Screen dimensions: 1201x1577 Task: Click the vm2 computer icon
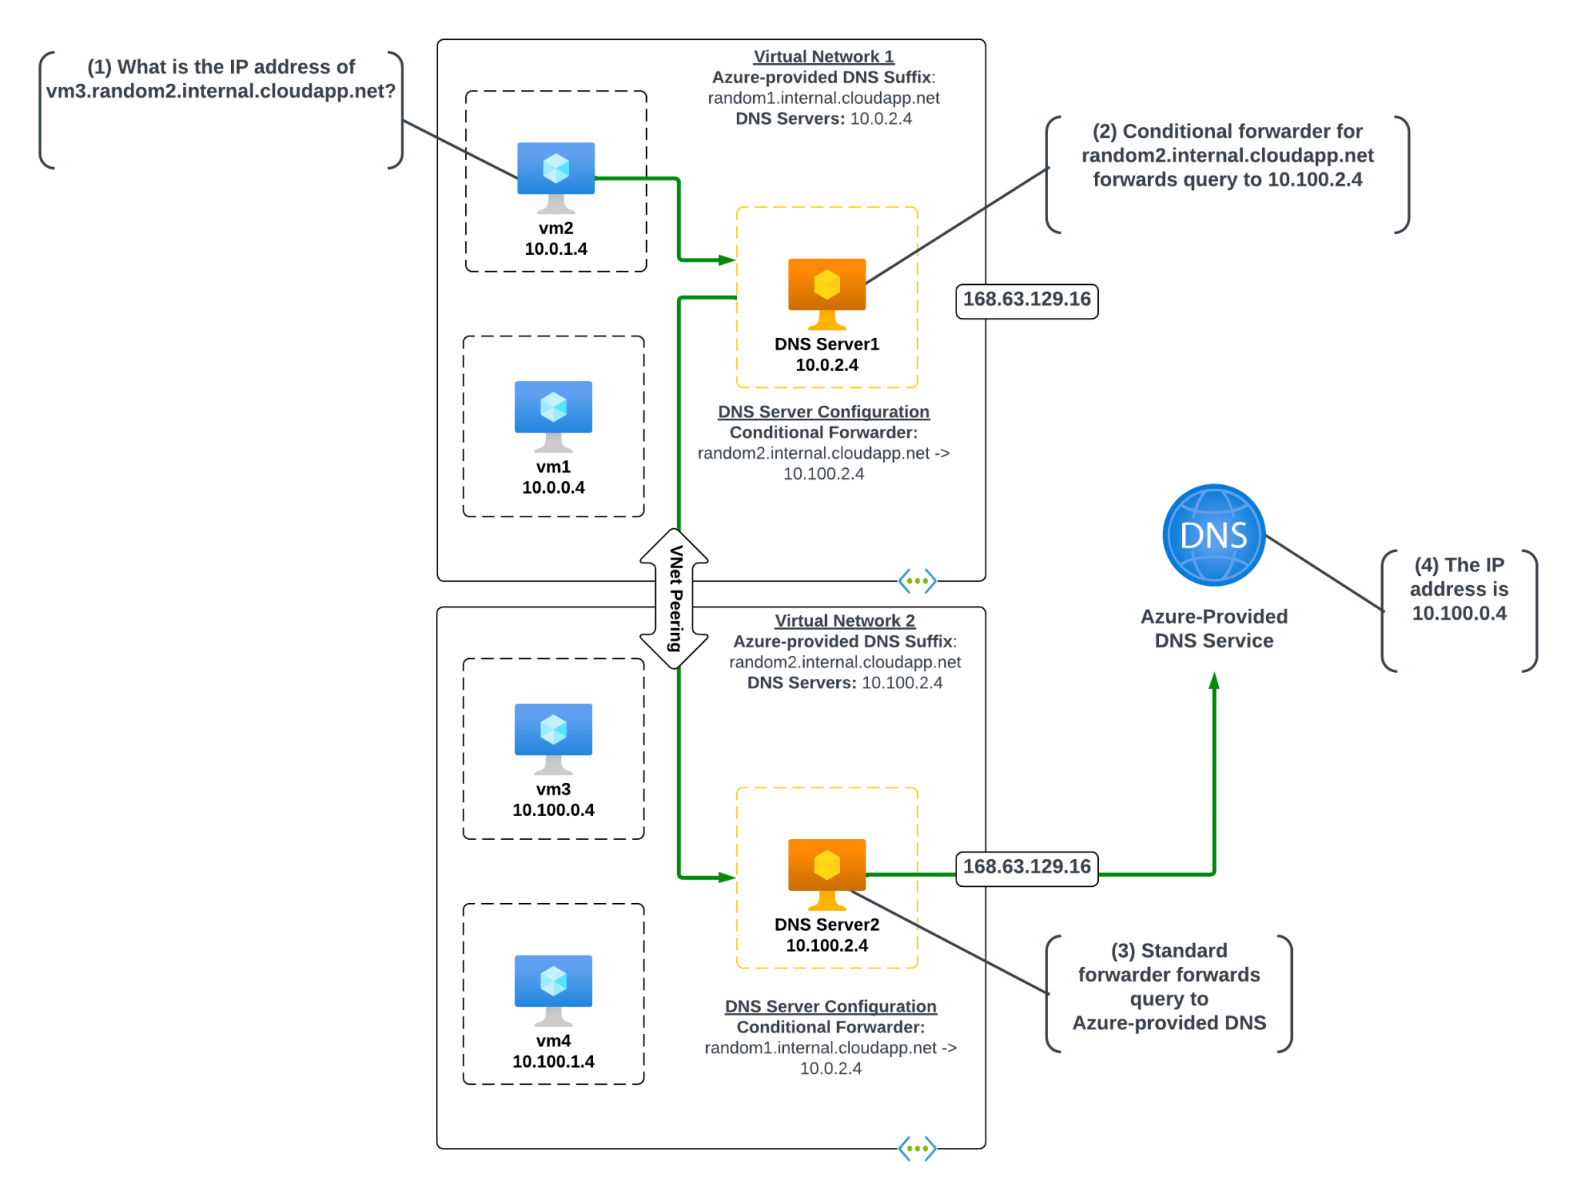point(555,176)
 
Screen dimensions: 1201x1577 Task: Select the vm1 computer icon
point(553,415)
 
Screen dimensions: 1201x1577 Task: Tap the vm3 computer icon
point(553,738)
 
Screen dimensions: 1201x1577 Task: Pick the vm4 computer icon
point(553,989)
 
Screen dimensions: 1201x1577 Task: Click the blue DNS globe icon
point(1213,534)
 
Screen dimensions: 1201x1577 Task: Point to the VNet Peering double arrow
point(674,598)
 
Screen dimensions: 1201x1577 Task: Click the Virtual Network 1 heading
point(823,56)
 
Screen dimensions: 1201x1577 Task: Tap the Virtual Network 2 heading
point(844,621)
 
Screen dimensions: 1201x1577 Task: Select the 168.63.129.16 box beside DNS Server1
point(1026,299)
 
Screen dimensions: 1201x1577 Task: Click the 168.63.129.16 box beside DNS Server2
point(1026,867)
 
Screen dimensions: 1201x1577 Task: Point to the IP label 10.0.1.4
point(555,249)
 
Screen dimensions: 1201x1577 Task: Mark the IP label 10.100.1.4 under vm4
point(553,1062)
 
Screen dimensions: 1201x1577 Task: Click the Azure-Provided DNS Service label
point(1213,628)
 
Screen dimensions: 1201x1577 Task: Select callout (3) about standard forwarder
point(1168,986)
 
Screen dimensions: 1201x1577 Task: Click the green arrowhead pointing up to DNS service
point(1214,681)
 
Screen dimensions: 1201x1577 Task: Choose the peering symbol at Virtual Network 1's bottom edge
point(916,580)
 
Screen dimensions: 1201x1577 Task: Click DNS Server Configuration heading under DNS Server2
point(830,1006)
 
